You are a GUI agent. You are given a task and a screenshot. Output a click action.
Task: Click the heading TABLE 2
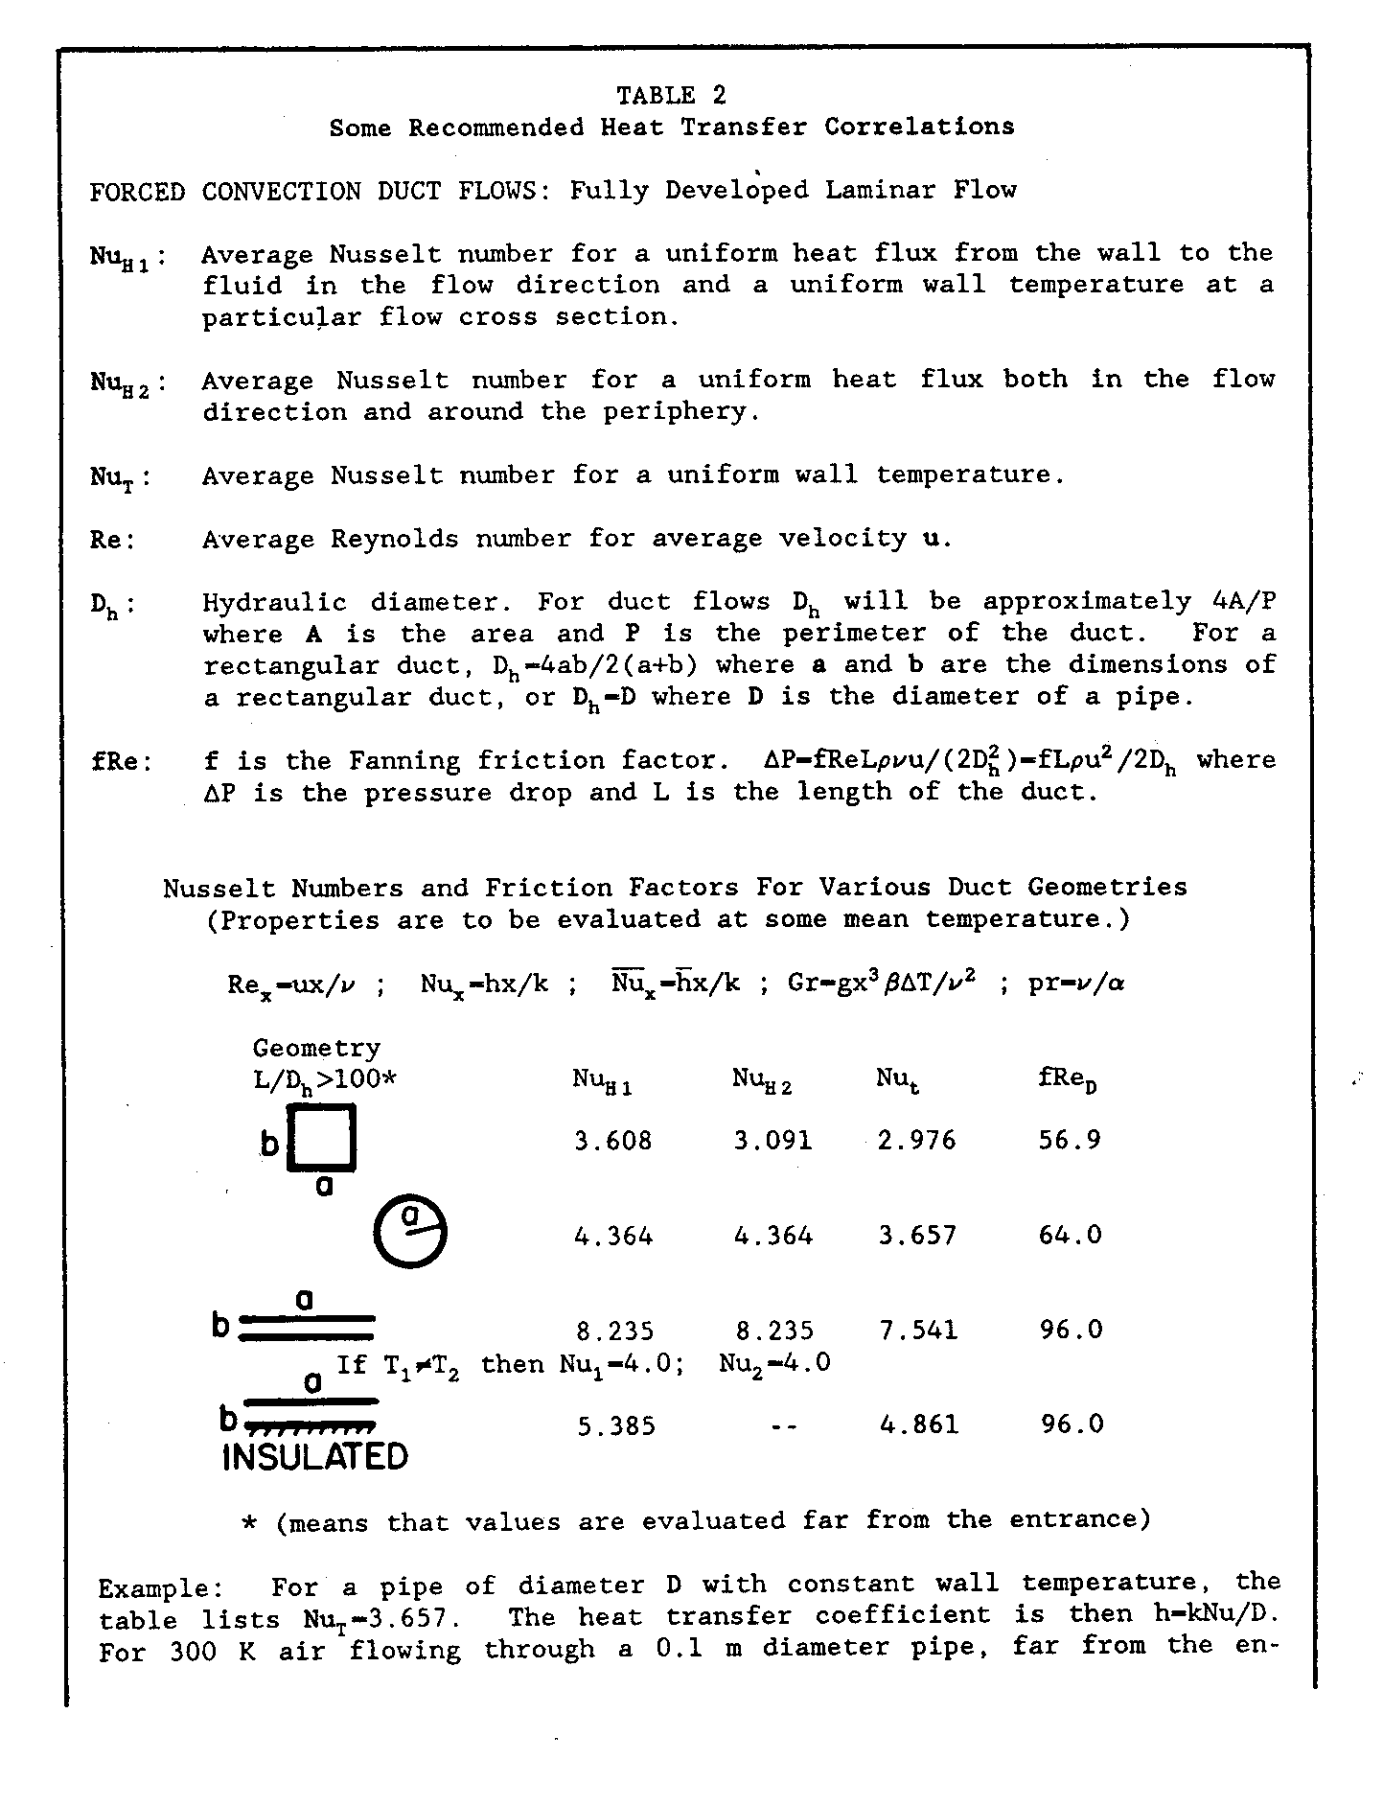tap(671, 95)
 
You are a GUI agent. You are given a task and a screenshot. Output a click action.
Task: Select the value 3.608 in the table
tap(612, 1141)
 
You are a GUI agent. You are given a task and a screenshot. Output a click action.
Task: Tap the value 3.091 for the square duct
tap(772, 1141)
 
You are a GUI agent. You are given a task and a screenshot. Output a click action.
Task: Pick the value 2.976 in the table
tap(916, 1141)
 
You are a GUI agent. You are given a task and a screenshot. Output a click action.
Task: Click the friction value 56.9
tap(1070, 1141)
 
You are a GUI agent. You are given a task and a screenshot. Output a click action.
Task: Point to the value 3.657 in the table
tap(917, 1236)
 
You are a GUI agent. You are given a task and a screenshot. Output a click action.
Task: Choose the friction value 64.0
tap(1071, 1236)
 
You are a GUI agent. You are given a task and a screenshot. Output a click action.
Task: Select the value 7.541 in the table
tap(917, 1331)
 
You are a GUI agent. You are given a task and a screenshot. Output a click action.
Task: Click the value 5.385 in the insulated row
tap(616, 1427)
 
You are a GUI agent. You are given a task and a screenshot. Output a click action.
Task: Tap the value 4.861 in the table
tap(918, 1425)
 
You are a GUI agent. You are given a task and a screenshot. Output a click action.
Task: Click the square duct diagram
tap(323, 1138)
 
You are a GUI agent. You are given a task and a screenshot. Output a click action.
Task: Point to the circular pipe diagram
tap(410, 1232)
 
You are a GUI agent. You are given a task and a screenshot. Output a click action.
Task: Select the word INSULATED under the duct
tap(314, 1457)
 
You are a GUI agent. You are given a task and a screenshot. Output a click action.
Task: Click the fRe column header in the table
tap(1067, 1080)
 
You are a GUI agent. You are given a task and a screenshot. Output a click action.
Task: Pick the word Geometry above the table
tap(316, 1048)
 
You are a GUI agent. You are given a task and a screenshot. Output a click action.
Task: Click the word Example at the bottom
tap(152, 1588)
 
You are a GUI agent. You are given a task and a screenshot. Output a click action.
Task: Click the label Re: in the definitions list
tap(113, 540)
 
